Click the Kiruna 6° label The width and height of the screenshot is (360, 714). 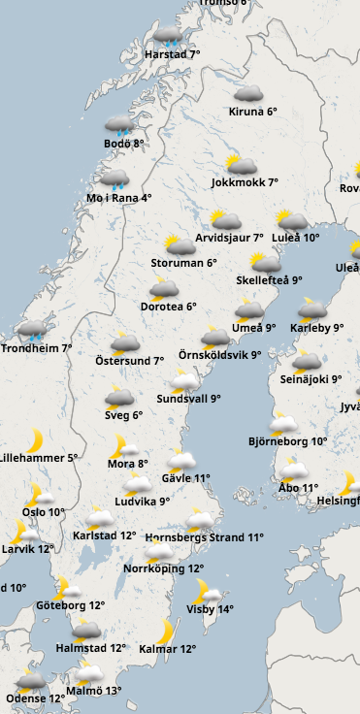[252, 112]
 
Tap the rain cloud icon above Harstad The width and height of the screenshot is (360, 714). [168, 38]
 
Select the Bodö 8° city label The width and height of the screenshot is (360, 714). [124, 144]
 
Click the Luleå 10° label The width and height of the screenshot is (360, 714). [295, 237]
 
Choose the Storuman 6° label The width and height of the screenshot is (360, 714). [183, 262]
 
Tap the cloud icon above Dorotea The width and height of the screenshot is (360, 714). [164, 287]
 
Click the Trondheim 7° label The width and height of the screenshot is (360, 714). [37, 347]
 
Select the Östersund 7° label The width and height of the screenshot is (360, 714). [130, 361]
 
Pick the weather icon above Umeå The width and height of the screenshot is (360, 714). [248, 310]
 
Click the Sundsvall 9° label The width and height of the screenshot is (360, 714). [188, 398]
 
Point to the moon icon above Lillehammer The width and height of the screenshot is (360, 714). [34, 438]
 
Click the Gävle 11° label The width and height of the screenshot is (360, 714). [187, 478]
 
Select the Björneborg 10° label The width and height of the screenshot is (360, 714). [287, 440]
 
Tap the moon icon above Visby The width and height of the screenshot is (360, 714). [206, 591]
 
